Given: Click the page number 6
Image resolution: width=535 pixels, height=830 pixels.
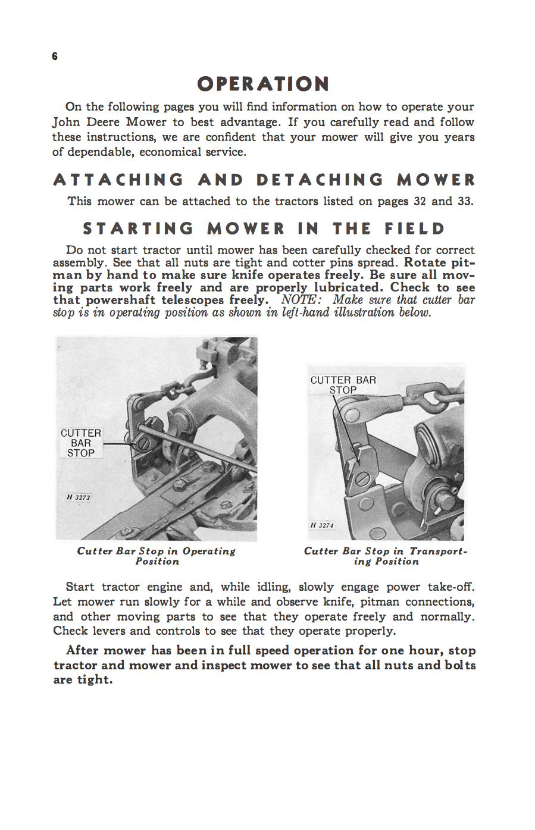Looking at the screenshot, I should coord(55,57).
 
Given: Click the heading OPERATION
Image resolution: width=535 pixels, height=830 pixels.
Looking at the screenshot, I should coord(263,84).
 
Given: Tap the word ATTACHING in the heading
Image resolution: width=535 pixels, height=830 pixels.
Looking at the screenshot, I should coord(119,180).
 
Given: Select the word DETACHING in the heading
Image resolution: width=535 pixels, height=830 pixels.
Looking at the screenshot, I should coord(320,180).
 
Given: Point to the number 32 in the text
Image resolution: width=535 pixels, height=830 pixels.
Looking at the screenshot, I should coord(420,201).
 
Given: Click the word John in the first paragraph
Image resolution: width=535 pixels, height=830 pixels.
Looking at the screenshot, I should coord(65,122).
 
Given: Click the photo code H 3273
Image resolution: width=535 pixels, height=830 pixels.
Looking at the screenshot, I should coord(79,497).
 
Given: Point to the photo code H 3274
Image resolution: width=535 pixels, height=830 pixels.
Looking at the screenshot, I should coord(322,525).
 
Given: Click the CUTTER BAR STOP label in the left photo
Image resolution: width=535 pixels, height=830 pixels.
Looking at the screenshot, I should coord(81,443).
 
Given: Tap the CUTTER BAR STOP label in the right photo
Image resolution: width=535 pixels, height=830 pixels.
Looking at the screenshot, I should coord(343,385).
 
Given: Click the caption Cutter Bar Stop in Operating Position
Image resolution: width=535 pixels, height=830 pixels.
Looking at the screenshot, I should coord(157,556).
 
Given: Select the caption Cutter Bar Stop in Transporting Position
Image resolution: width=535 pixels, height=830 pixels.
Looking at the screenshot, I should coord(386,556).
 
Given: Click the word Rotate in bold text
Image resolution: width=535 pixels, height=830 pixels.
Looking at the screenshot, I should coord(425,262).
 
